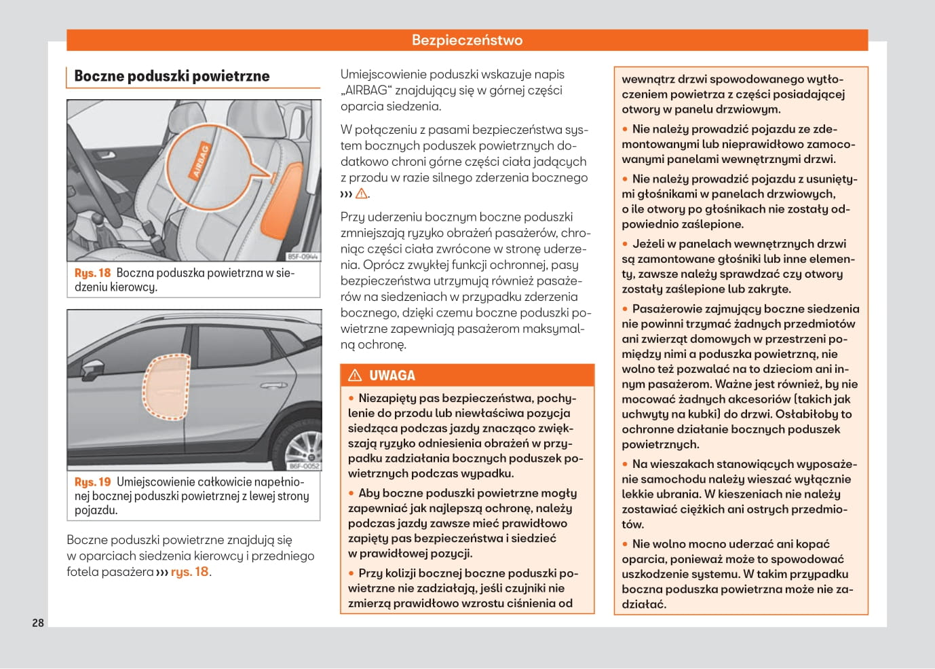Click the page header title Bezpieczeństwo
(467, 40)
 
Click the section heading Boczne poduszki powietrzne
(172, 76)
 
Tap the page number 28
(38, 623)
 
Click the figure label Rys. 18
(92, 273)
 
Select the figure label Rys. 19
(92, 482)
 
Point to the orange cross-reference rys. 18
(190, 572)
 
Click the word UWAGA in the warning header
(392, 376)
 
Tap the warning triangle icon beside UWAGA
(355, 376)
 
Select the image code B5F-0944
(303, 257)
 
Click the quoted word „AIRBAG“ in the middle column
(364, 90)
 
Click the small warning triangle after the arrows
(362, 194)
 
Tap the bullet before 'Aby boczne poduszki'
(351, 494)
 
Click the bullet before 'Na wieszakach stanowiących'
(626, 465)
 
